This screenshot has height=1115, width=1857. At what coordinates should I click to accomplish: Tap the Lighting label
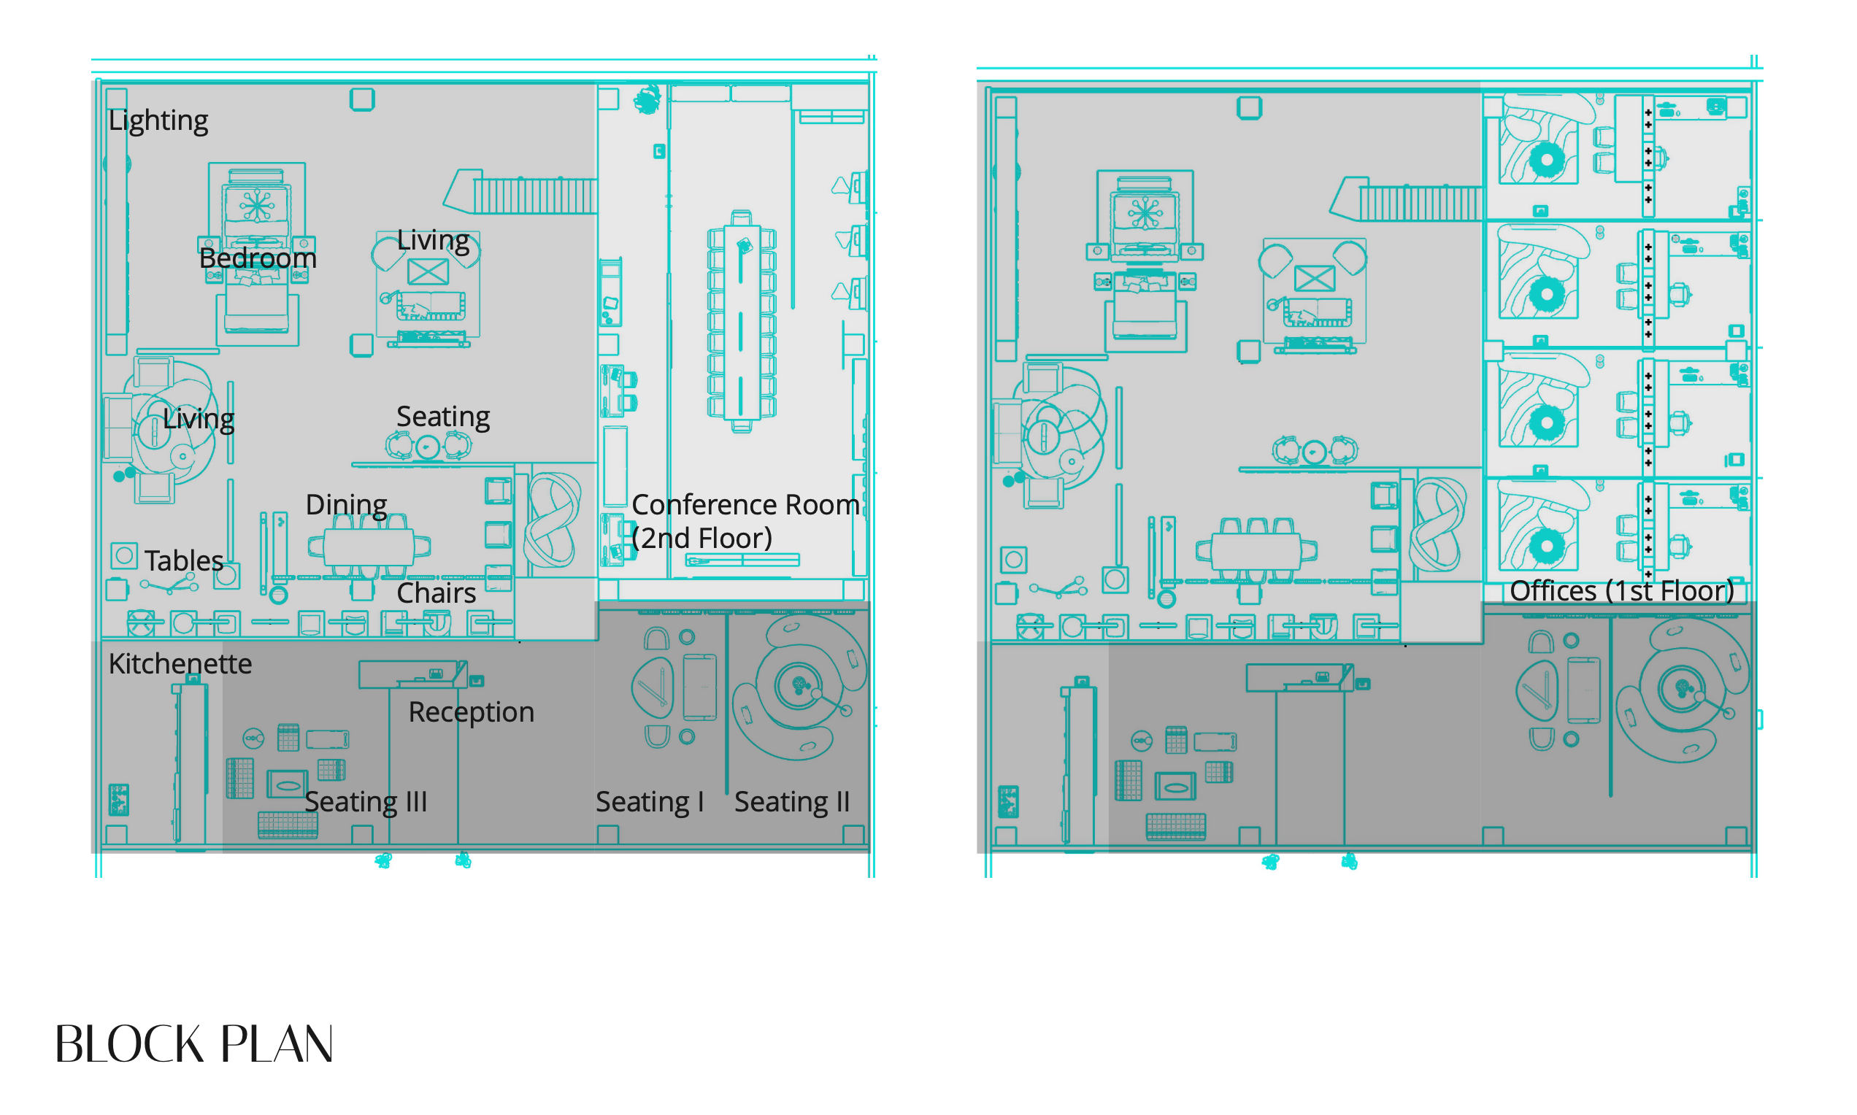point(158,120)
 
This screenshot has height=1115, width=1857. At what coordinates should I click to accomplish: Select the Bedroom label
point(258,258)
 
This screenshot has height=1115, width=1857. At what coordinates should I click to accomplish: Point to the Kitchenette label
point(180,663)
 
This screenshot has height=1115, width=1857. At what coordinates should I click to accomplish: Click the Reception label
point(472,712)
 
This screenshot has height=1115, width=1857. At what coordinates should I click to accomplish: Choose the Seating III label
point(366,802)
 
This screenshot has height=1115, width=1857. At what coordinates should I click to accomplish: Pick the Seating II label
point(792,802)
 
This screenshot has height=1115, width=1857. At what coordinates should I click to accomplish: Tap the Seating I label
point(650,802)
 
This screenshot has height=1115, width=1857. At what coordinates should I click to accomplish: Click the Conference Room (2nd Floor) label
point(745,521)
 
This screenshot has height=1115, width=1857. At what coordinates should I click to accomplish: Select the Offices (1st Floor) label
point(1622,590)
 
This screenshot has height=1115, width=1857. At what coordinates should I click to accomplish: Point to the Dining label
point(347,505)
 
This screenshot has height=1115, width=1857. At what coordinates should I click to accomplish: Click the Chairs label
point(436,593)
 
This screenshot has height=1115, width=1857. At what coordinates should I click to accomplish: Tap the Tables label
point(184,560)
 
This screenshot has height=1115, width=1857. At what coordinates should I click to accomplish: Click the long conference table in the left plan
point(741,321)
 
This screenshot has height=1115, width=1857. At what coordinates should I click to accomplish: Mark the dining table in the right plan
point(1256,552)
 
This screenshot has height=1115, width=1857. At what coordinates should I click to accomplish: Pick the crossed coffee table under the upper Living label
point(428,271)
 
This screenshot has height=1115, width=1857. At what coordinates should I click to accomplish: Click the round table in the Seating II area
point(799,684)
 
